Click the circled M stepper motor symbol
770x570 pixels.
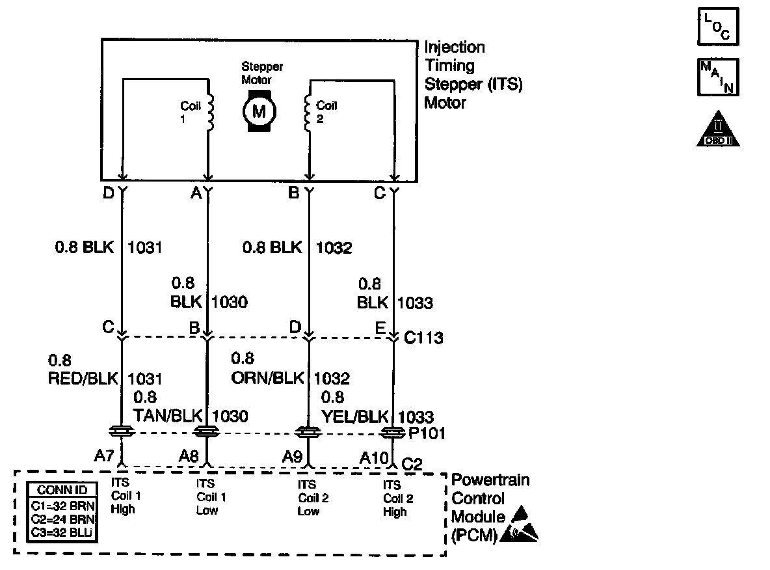pos(259,111)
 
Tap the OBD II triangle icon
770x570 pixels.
pos(719,128)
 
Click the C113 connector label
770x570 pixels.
pos(423,338)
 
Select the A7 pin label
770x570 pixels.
pos(104,456)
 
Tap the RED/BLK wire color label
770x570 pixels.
pos(86,378)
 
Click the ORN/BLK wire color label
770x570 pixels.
pos(271,378)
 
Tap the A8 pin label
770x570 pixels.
pos(189,456)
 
